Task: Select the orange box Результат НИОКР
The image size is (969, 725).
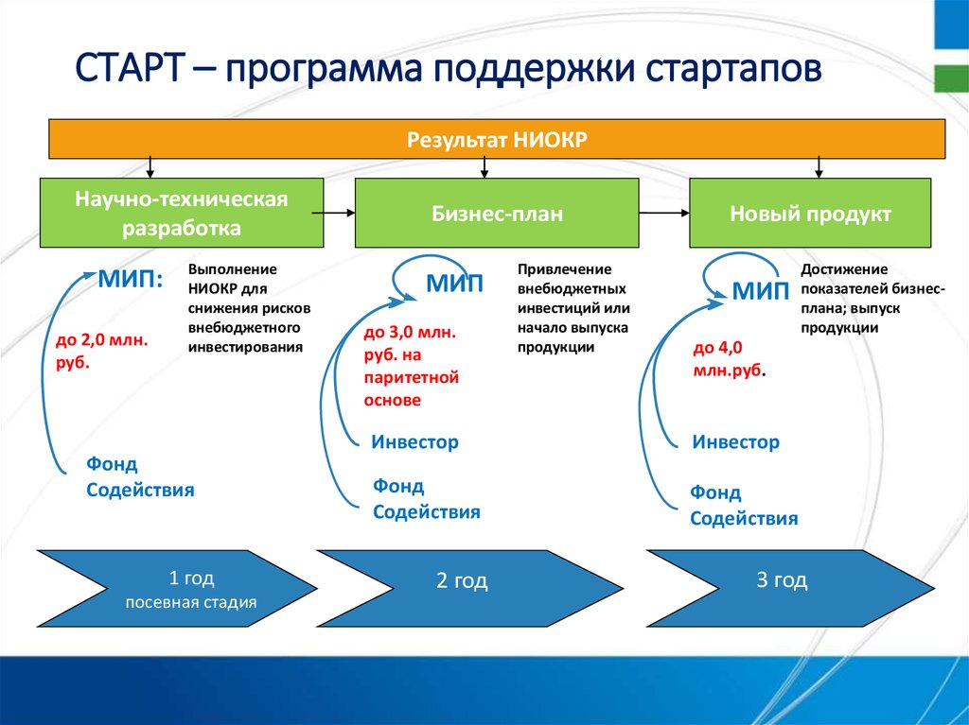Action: click(497, 139)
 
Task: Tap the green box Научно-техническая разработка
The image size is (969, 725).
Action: click(182, 213)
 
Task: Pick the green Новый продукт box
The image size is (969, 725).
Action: click(810, 214)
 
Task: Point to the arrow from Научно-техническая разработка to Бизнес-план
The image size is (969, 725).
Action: click(338, 214)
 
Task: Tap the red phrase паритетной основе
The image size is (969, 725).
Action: click(411, 388)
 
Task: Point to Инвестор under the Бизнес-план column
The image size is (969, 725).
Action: click(414, 441)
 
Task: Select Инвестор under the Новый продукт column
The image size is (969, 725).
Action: click(735, 441)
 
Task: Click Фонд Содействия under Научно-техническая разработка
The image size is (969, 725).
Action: click(140, 476)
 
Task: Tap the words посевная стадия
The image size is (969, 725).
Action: click(190, 600)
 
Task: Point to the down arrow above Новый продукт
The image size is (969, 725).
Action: click(819, 167)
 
